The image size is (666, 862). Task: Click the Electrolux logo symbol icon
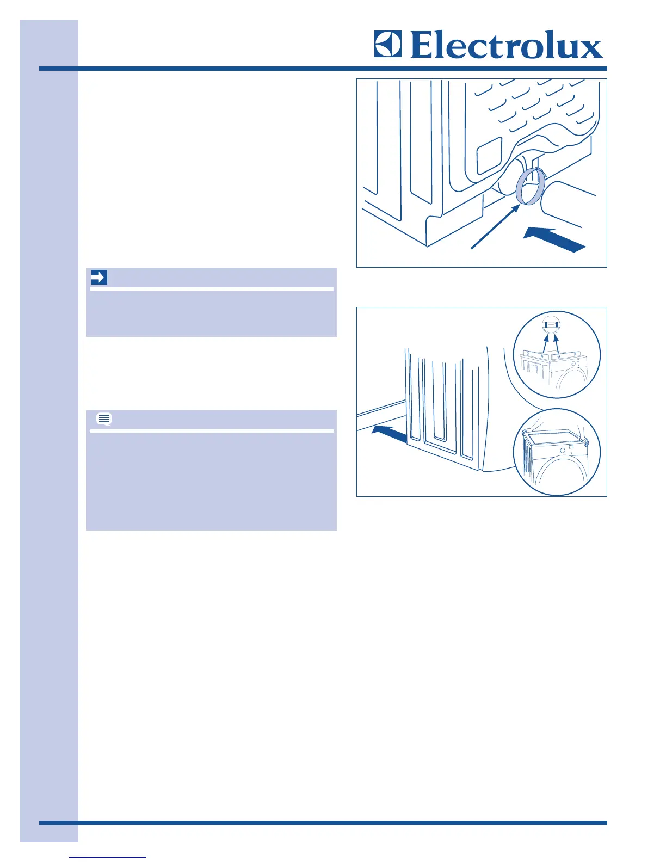click(387, 44)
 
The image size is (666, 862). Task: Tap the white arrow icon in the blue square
click(98, 278)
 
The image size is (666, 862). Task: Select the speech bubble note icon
click(104, 419)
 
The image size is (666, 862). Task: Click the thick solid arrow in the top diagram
click(554, 240)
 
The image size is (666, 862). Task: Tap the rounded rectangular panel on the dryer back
click(489, 156)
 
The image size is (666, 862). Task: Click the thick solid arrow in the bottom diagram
click(388, 434)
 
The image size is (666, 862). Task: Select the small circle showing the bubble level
click(551, 324)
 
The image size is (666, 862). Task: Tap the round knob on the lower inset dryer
click(563, 451)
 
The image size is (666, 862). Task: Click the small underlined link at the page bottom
click(108, 857)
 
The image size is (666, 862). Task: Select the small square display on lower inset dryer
click(571, 448)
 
